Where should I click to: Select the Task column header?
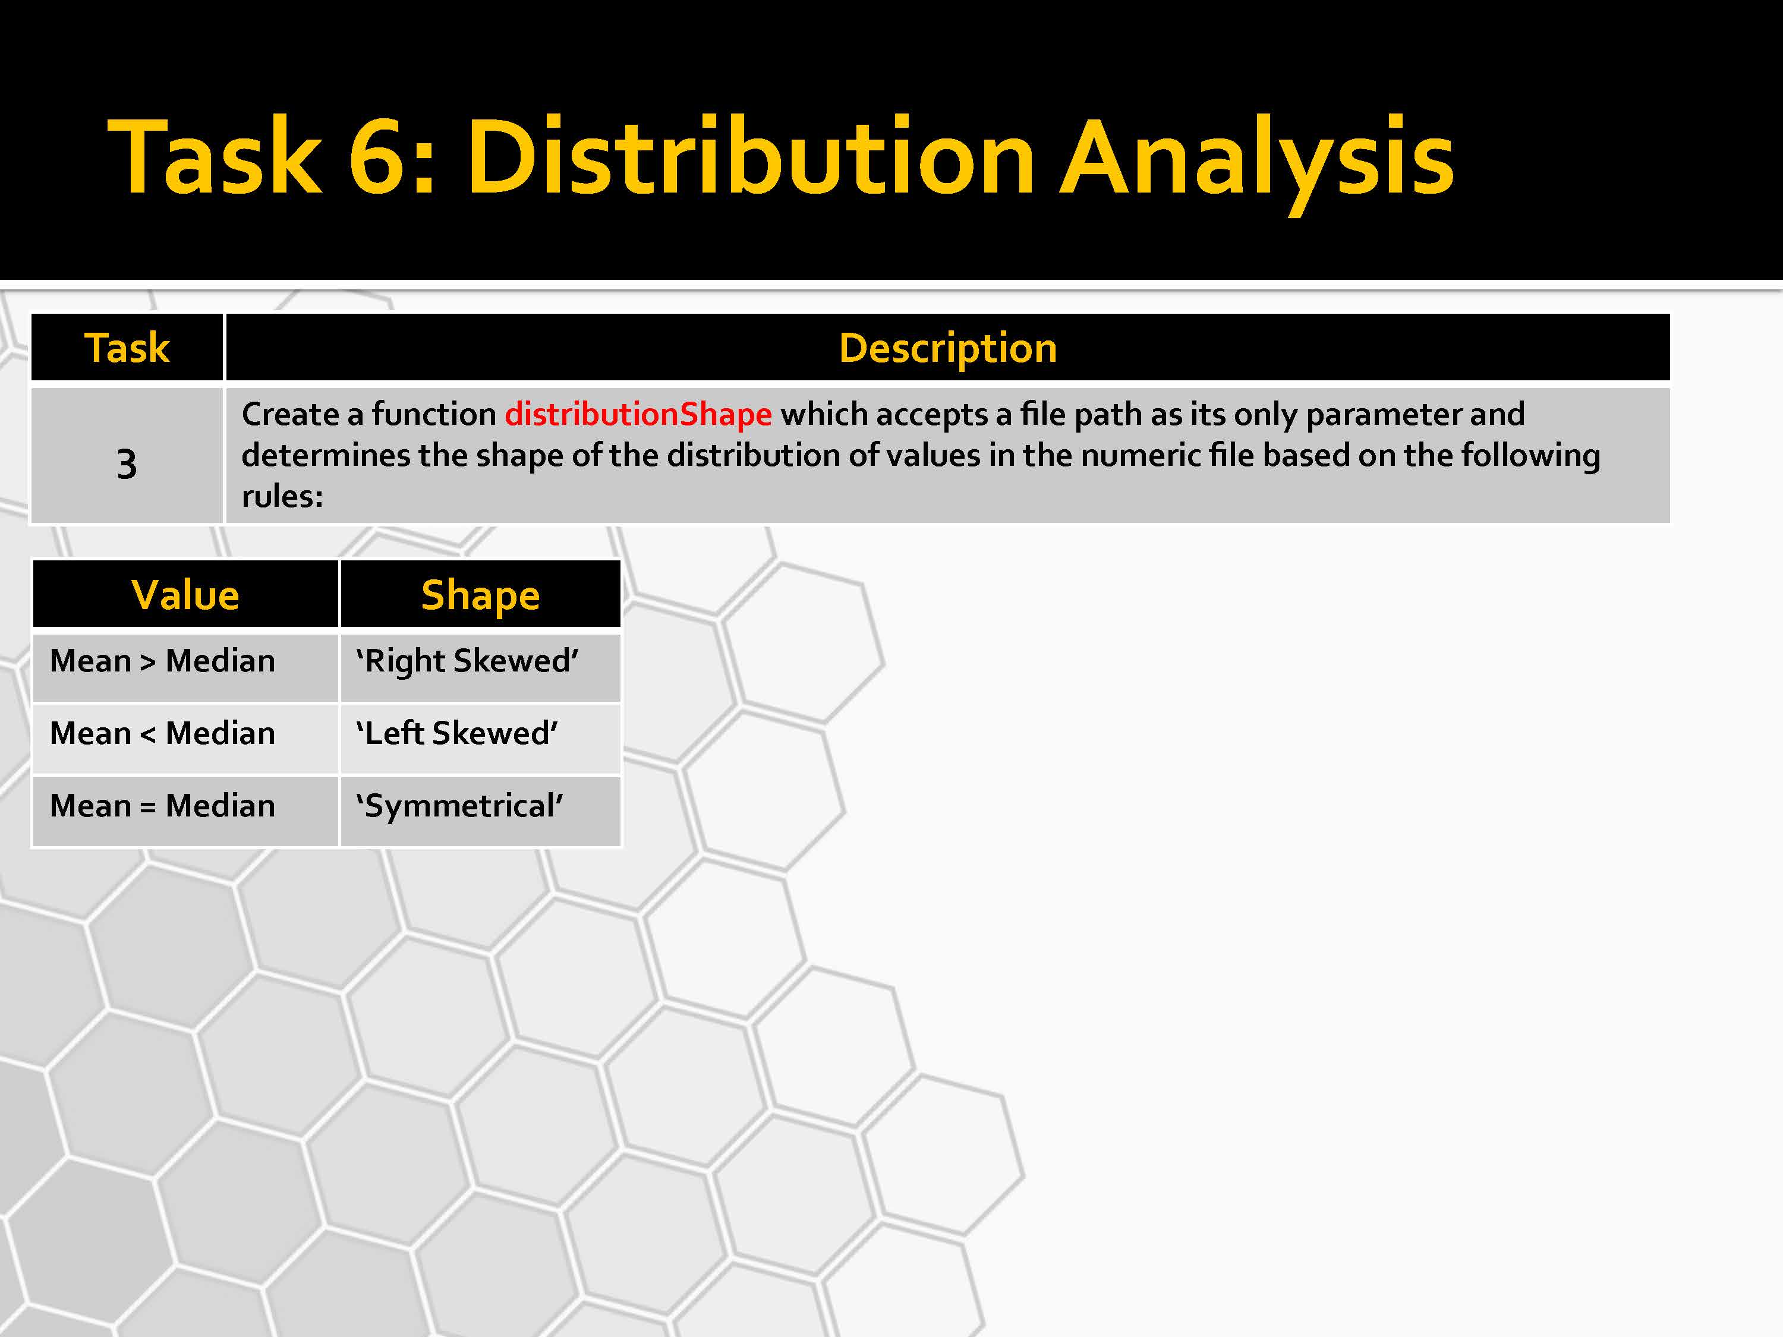[127, 348]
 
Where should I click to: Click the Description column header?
[948, 348]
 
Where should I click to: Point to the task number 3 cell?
[127, 456]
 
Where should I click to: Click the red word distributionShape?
[638, 414]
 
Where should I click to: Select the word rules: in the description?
[282, 496]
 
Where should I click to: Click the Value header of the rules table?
[185, 595]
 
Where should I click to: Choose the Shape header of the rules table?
[480, 595]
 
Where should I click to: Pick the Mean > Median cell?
[185, 667]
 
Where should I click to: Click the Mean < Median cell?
[185, 738]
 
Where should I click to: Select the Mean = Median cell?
[185, 811]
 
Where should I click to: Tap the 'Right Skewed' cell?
[480, 667]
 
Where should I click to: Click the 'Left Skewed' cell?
[480, 738]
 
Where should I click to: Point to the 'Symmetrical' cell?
[480, 811]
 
